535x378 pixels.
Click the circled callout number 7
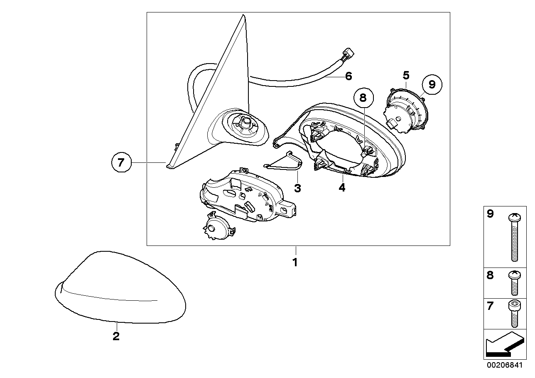(121, 162)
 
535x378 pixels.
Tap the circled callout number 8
(363, 98)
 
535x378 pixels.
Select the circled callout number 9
(432, 84)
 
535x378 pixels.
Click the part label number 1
(295, 263)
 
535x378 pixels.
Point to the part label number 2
(116, 336)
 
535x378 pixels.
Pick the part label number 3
(297, 189)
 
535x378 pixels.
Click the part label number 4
(342, 187)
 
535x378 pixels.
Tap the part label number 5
(406, 75)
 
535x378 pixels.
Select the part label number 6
(349, 76)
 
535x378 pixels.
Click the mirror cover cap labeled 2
(120, 287)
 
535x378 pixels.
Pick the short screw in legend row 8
(515, 283)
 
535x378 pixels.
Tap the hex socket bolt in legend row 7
(515, 314)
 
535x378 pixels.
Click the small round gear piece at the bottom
(218, 226)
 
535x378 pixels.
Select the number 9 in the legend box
(490, 214)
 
